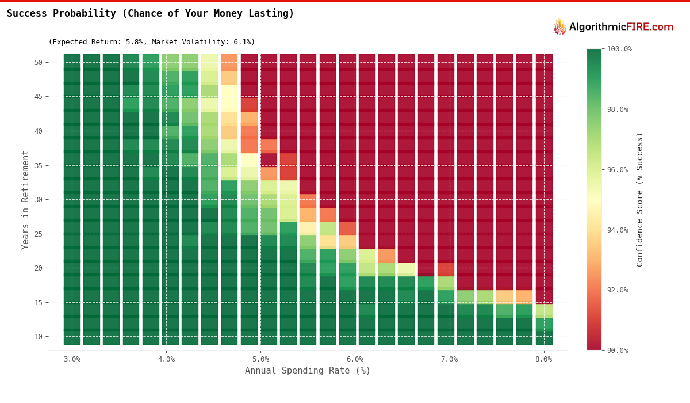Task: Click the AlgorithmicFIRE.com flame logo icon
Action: coord(559,27)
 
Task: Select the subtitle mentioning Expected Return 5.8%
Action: coord(151,42)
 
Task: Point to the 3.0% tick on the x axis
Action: coord(72,359)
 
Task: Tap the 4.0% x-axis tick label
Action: coord(166,359)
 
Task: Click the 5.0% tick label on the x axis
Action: coord(260,359)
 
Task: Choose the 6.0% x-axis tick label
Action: coord(355,359)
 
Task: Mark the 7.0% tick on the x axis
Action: coord(449,359)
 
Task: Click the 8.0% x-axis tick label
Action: coord(543,359)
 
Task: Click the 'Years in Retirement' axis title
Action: coord(25,199)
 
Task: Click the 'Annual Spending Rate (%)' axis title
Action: coord(308,371)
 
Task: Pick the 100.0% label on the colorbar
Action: coord(620,49)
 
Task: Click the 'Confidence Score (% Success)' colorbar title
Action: coord(640,199)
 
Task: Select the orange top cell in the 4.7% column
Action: coord(229,62)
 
